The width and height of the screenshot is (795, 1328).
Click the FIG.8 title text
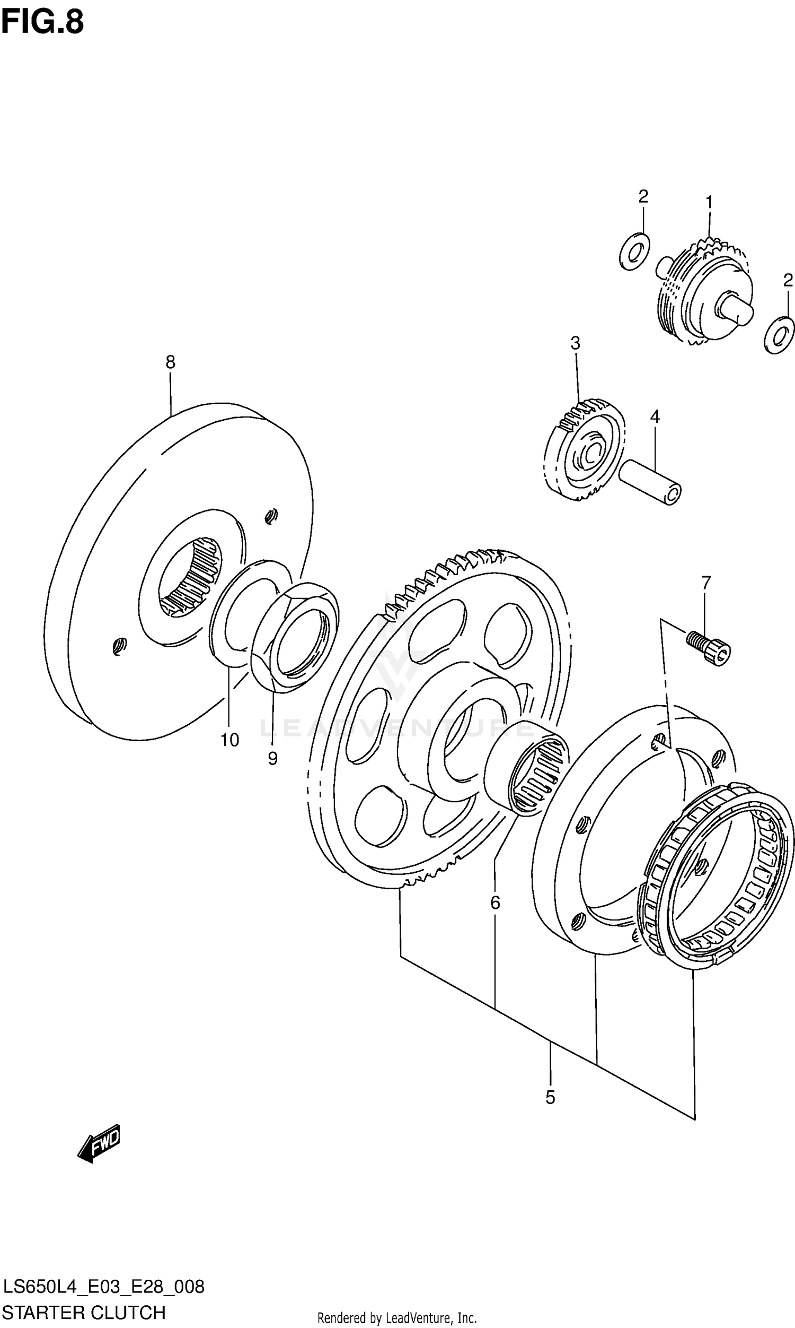42,22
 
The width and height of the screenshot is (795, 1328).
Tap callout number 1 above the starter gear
709,202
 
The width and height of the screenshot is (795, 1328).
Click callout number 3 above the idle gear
575,343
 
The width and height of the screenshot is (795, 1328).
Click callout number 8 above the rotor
170,362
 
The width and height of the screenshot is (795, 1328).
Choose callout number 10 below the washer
229,740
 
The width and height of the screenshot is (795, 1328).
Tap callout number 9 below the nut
272,758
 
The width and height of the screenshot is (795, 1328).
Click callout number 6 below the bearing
495,902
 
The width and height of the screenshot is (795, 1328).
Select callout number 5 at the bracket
550,1097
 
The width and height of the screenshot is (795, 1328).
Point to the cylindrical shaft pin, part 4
650,481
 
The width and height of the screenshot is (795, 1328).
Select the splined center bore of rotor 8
191,576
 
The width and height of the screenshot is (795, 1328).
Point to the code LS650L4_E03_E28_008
103,1287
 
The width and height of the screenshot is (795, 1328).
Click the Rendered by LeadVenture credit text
397,1318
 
